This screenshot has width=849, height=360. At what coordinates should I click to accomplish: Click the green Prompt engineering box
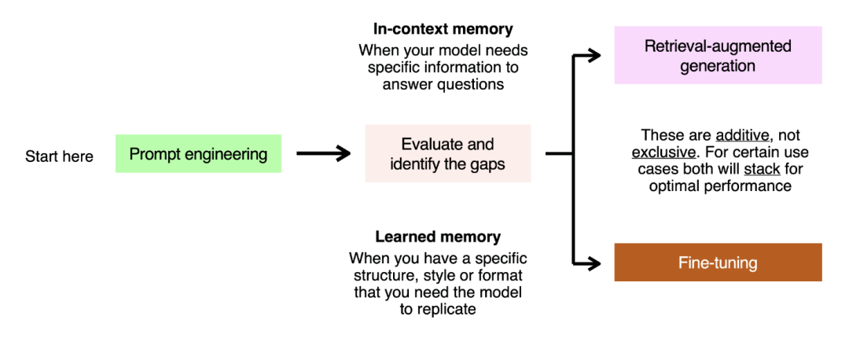[198, 154]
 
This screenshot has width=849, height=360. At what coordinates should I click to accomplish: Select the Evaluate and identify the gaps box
[447, 153]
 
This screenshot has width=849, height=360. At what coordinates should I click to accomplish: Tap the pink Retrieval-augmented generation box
[718, 55]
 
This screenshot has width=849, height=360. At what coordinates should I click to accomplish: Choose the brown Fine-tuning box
[718, 263]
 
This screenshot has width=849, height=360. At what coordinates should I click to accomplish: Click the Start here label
[59, 156]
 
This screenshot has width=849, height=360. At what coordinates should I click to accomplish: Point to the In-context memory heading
[443, 29]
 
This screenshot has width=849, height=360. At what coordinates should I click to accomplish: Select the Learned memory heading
[438, 237]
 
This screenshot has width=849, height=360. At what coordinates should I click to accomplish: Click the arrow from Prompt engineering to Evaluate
[322, 154]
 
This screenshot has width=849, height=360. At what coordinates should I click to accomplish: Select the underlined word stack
[762, 169]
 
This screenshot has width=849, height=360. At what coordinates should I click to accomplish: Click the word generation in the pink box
[718, 65]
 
